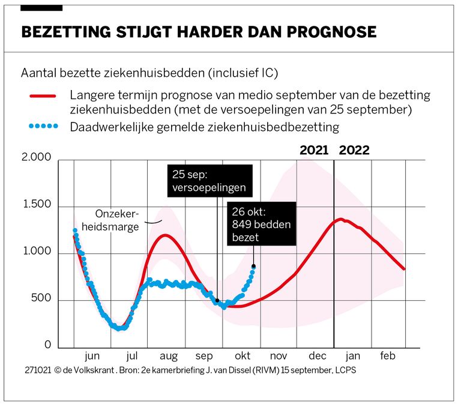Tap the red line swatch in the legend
pyautogui.click(x=42, y=96)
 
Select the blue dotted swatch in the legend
pyautogui.click(x=42, y=127)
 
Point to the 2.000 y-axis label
pyautogui.click(x=36, y=159)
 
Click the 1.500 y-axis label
pyautogui.click(x=36, y=207)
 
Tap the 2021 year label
pyautogui.click(x=314, y=150)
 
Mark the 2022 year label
pyautogui.click(x=354, y=150)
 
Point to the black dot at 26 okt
pyautogui.click(x=253, y=266)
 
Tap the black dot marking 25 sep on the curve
pyautogui.click(x=217, y=301)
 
